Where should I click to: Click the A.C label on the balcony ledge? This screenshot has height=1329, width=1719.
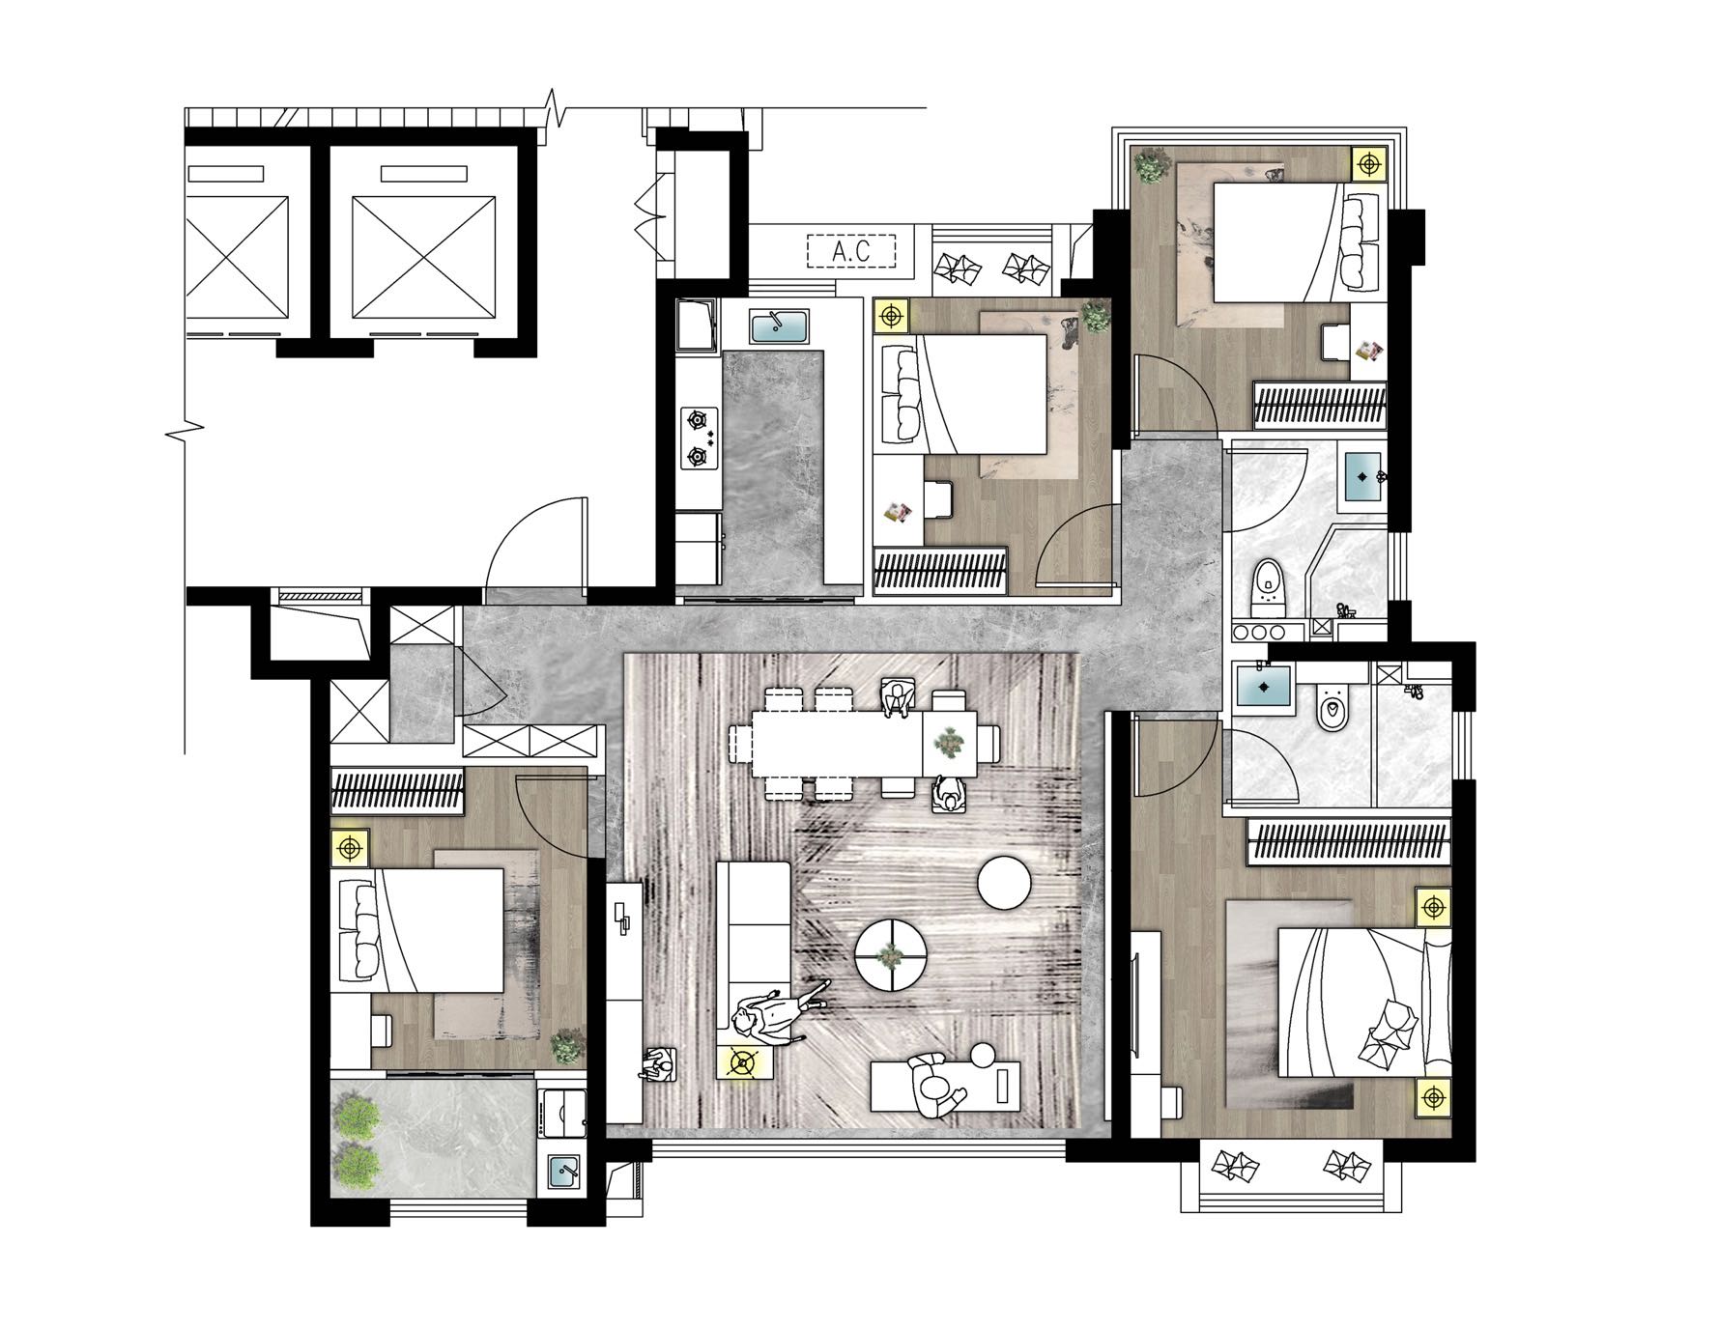pyautogui.click(x=851, y=252)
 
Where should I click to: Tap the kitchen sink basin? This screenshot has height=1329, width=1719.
pyautogui.click(x=780, y=327)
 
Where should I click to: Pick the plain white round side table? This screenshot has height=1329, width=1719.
pyautogui.click(x=1007, y=883)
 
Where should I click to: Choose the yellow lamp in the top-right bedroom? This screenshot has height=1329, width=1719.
pyautogui.click(x=1368, y=164)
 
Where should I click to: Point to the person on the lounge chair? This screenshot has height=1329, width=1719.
pyautogui.click(x=936, y=1086)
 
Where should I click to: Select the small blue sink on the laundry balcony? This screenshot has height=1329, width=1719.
pyautogui.click(x=562, y=1173)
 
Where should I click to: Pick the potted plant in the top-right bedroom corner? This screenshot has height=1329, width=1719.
pyautogui.click(x=1151, y=166)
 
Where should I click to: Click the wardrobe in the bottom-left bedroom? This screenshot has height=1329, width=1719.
pyautogui.click(x=397, y=788)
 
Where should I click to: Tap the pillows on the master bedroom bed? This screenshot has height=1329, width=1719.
pyautogui.click(x=1389, y=1032)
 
